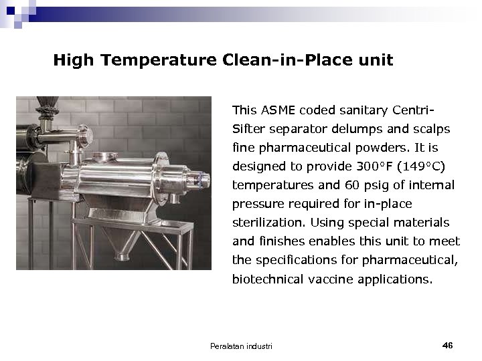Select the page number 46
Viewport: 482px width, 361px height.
pyautogui.click(x=448, y=345)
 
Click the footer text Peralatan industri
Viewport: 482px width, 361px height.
pyautogui.click(x=241, y=346)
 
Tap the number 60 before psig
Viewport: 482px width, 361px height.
pyautogui.click(x=352, y=185)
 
